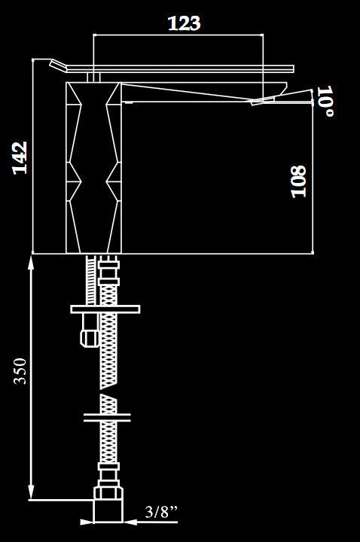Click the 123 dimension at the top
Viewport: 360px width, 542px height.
[x=184, y=23]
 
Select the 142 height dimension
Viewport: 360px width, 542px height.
[x=20, y=157]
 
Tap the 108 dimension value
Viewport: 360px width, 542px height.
[x=299, y=181]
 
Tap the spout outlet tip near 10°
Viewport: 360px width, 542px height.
[x=263, y=101]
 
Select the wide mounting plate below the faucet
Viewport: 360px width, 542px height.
[x=107, y=309]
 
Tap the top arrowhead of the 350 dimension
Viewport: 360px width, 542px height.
[x=31, y=260]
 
